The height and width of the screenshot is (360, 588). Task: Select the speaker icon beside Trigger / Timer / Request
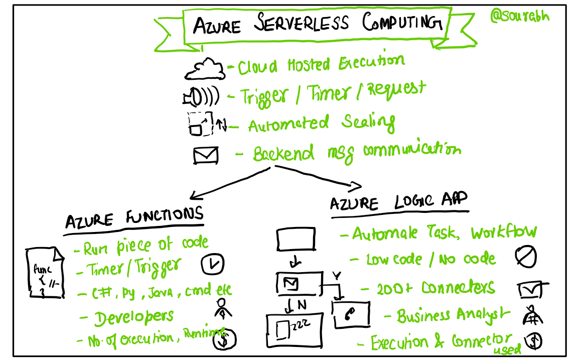[x=201, y=96]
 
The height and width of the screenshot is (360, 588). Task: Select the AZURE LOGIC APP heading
[x=399, y=202]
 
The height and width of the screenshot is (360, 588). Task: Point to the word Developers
[x=134, y=317]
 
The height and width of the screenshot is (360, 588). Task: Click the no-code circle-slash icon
[x=526, y=258]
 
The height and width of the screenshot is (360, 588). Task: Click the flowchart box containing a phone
[x=352, y=315]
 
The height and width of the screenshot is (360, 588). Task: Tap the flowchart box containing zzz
[x=293, y=329]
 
